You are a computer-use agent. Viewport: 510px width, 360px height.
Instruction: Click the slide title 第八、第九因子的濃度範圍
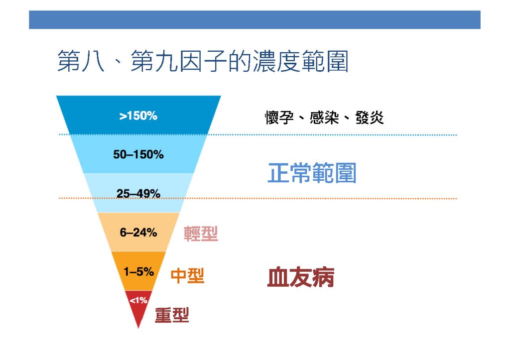[x=203, y=61]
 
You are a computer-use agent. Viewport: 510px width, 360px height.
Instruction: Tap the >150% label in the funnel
[x=138, y=116]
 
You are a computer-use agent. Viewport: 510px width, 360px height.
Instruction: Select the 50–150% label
[x=138, y=154]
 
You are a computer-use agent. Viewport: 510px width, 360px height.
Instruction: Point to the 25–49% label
[x=138, y=194]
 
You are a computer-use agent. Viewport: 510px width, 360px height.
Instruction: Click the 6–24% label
[x=138, y=233]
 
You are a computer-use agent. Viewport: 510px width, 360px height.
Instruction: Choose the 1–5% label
[x=138, y=271]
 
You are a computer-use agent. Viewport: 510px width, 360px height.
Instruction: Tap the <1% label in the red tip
[x=138, y=300]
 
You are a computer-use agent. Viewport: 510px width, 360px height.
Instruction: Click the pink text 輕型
[x=201, y=234]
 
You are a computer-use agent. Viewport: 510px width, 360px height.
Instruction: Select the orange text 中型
[x=187, y=275]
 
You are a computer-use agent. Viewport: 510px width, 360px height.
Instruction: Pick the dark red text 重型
[x=172, y=315]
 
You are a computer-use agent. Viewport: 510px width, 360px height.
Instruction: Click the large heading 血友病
[x=300, y=277]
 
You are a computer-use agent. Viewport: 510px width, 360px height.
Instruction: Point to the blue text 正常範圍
[x=312, y=173]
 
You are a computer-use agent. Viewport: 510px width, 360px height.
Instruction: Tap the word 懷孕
[x=279, y=118]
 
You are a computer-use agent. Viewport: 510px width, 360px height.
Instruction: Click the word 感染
[x=324, y=118]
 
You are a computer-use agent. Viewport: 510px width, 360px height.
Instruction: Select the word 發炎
[x=370, y=118]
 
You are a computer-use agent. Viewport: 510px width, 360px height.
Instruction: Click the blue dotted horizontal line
[x=257, y=134]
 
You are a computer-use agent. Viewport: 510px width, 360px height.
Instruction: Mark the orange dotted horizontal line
[x=257, y=198]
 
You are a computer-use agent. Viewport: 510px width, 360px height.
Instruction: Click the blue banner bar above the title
[x=255, y=20]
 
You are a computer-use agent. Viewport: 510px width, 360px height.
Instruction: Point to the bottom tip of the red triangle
[x=138, y=328]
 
